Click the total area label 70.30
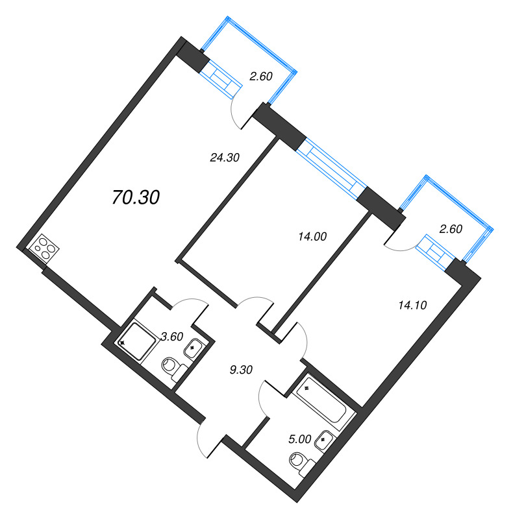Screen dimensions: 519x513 [x=136, y=198]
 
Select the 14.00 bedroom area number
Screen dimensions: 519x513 [x=309, y=237]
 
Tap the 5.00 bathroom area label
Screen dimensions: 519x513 [x=299, y=439]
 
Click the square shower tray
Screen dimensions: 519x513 [x=137, y=339]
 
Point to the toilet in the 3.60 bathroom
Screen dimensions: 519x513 [x=172, y=367]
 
